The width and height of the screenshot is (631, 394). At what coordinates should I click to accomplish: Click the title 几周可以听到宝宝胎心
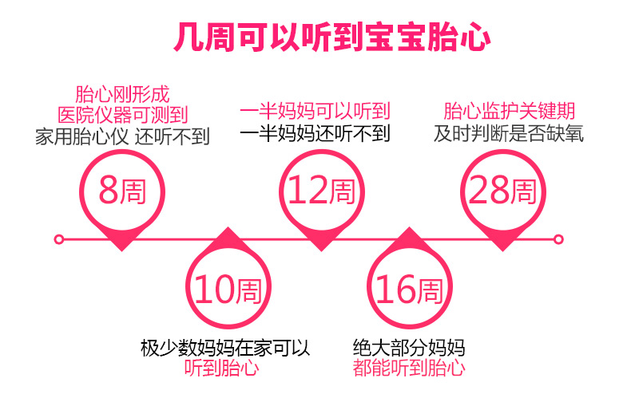[x=331, y=38]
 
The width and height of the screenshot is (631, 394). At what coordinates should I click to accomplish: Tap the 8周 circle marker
[x=122, y=191]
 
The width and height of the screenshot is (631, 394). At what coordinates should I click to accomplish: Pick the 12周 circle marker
[x=320, y=191]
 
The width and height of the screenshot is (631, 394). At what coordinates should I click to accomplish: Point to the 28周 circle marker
[x=502, y=191]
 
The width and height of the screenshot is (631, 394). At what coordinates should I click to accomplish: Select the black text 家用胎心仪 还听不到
[x=122, y=136]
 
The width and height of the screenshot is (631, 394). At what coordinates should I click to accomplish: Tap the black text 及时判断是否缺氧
[x=509, y=133]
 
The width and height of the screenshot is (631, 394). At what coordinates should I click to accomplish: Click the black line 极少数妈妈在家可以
[x=224, y=348]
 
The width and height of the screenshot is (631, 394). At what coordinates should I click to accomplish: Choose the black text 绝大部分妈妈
[x=408, y=348]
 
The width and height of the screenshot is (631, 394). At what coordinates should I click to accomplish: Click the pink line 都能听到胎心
[x=408, y=368]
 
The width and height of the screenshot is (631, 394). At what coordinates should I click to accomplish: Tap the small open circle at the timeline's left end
[x=58, y=238]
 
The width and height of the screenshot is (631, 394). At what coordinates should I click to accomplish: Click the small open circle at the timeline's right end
[x=558, y=238]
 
